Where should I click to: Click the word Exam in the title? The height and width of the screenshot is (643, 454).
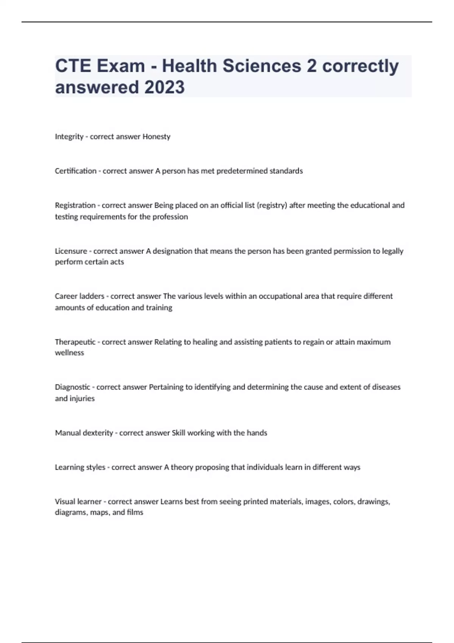121,66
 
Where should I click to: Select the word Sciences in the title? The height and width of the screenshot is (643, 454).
261,66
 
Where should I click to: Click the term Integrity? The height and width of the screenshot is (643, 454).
69,137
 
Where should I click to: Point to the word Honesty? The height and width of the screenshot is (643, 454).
156,137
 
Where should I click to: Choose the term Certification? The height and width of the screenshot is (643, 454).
76,171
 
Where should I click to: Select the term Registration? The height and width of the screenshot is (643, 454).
75,205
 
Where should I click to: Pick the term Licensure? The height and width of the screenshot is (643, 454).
71,251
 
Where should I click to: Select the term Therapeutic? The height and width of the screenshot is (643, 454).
75,342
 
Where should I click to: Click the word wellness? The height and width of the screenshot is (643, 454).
70,353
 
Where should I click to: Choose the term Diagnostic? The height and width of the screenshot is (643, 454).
73,387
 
